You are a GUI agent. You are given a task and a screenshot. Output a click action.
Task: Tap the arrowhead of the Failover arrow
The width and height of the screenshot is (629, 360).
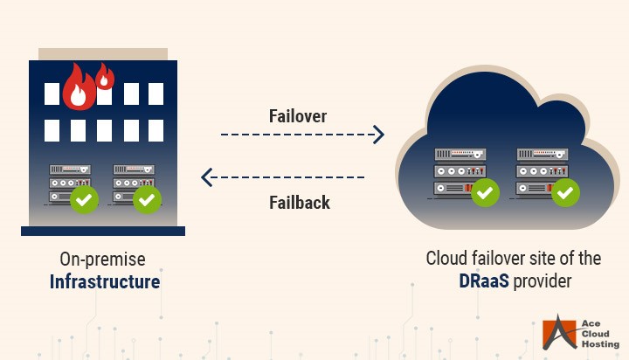(x=378, y=135)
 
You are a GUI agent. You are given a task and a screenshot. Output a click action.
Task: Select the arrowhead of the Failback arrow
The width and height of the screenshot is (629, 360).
(x=207, y=178)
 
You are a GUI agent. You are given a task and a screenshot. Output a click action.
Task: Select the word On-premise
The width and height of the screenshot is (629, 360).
(x=102, y=260)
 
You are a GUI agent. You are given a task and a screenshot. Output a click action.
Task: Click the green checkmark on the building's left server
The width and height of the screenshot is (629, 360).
(x=85, y=200)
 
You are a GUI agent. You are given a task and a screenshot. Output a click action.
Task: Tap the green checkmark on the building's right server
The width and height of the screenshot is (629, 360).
(x=147, y=200)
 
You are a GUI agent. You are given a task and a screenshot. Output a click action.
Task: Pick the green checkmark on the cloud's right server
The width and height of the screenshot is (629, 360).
(x=565, y=190)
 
